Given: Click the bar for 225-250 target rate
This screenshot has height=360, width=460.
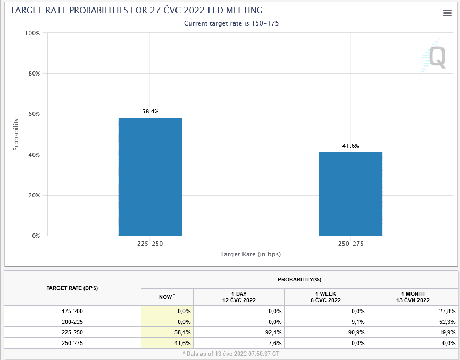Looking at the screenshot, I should [150, 176].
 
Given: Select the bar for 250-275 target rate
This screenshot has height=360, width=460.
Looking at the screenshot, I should [350, 194].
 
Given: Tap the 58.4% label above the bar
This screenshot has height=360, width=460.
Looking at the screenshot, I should [150, 111].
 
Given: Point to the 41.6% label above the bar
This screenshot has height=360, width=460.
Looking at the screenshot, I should [350, 146].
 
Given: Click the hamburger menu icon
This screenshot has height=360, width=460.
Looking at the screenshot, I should [447, 13].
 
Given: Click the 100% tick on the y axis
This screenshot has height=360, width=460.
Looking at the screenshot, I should [32, 33].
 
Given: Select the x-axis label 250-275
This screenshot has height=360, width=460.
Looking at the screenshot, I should [350, 244].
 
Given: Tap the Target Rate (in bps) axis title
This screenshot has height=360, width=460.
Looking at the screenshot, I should [250, 254].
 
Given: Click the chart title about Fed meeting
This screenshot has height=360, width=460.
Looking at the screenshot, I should [136, 11].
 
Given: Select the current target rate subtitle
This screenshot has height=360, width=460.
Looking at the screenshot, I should [231, 23].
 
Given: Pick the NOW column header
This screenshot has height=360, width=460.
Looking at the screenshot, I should [166, 297].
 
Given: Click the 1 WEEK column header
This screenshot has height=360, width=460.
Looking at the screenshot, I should [325, 297].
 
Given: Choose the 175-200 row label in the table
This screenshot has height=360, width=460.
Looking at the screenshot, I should [72, 311].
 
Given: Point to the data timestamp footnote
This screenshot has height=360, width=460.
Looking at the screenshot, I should [232, 353].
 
